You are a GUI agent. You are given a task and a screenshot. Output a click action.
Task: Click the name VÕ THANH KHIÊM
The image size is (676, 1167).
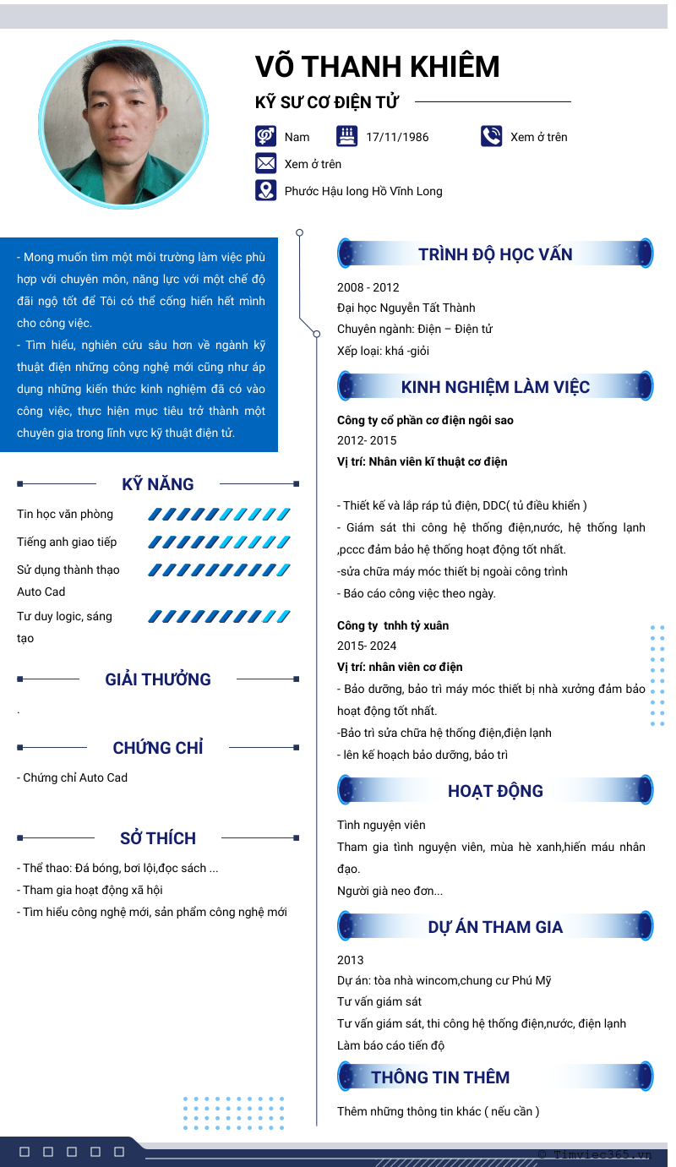click(378, 67)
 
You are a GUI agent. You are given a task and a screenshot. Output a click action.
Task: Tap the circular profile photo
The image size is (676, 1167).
click(124, 124)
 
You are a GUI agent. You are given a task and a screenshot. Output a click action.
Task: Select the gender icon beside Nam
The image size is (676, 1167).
click(266, 136)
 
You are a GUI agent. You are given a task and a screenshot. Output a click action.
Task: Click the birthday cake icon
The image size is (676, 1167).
click(346, 136)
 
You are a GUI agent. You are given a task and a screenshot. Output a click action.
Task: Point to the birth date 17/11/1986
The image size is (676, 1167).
click(397, 137)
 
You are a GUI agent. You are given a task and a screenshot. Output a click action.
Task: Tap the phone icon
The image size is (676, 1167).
click(492, 136)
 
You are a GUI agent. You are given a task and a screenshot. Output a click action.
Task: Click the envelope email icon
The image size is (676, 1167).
click(266, 163)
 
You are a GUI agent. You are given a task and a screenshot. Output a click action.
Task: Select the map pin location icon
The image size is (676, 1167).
click(266, 190)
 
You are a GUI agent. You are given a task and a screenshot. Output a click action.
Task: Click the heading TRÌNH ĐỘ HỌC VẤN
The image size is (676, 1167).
click(495, 254)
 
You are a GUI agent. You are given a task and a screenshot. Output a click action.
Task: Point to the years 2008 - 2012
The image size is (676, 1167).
click(368, 287)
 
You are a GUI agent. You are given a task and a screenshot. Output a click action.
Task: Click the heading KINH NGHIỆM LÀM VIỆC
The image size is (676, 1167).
click(495, 387)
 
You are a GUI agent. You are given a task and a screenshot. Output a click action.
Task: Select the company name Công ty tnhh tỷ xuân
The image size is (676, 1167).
click(393, 625)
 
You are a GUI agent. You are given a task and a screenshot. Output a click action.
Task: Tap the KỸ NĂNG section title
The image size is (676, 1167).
click(158, 484)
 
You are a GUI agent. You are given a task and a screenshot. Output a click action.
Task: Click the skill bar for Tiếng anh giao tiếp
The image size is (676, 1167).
click(219, 542)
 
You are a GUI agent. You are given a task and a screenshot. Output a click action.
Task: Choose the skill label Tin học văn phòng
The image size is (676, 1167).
click(65, 514)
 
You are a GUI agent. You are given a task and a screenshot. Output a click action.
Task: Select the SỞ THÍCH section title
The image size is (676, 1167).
click(158, 838)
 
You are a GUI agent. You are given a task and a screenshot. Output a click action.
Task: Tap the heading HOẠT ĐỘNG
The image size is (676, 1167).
click(495, 791)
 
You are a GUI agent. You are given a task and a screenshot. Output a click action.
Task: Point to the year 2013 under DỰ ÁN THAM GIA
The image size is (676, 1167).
click(351, 960)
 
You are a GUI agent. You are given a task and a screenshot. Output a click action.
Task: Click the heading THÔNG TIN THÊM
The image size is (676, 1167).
click(440, 1077)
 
